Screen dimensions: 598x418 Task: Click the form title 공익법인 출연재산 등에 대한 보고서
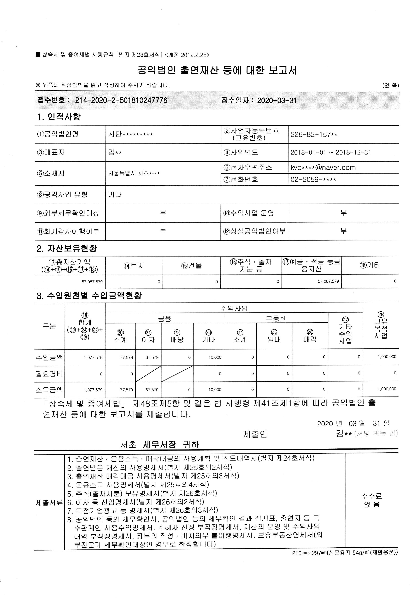217,70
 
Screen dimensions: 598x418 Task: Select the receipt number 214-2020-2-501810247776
121,100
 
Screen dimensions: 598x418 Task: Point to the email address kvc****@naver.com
323,168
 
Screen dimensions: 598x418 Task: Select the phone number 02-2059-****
313,179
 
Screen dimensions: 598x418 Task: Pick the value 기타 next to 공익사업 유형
115,194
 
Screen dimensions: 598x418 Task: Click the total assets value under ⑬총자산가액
92,282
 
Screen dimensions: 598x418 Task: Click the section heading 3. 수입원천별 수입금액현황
89,296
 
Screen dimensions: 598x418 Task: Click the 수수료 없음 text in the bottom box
372,500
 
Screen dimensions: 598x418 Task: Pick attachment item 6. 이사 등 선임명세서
136,502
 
